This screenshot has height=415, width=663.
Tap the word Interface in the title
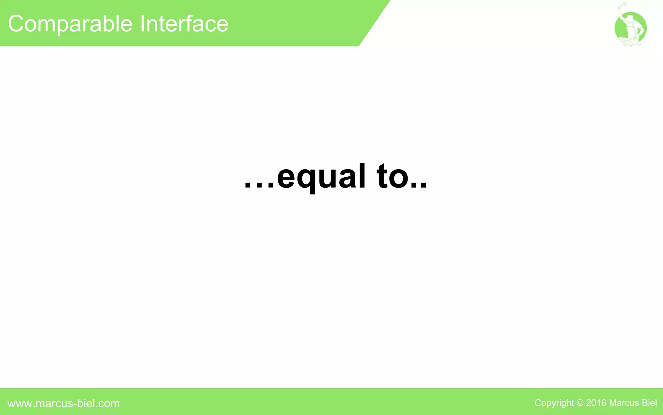tap(184, 24)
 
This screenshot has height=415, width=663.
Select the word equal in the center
tap(321, 177)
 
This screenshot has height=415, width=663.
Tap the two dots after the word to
tap(419, 186)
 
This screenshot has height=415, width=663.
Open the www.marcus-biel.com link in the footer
tap(63, 403)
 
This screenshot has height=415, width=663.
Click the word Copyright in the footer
tap(554, 403)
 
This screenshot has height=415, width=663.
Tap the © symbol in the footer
tap(580, 403)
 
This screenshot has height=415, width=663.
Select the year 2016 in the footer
tap(596, 403)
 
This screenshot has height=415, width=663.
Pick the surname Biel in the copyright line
tap(649, 403)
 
